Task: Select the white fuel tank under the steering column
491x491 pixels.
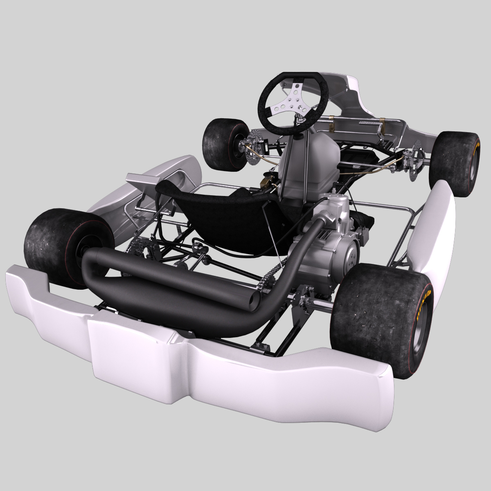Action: (x=319, y=164)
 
